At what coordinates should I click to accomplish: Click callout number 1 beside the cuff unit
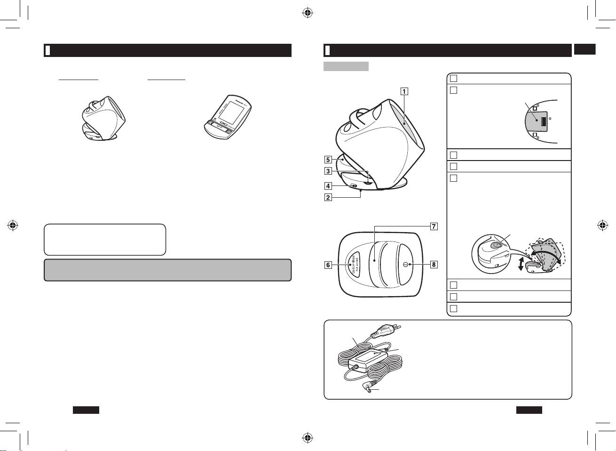[404, 91]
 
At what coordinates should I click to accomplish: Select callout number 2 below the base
[328, 197]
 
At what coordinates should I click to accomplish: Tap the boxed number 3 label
[328, 171]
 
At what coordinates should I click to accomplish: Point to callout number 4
[328, 186]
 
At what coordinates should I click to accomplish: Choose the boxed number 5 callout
[328, 160]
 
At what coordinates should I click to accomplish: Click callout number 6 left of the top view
[328, 265]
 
